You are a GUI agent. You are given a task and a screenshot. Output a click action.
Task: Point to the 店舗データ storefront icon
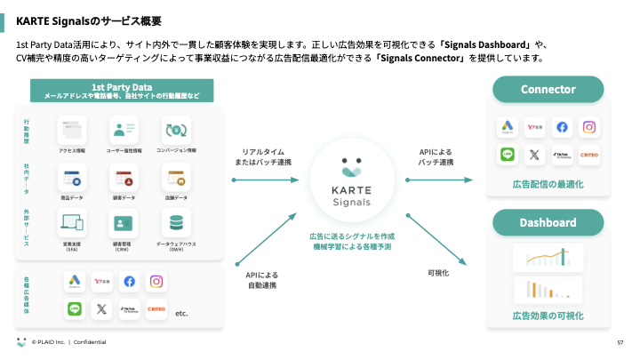[177, 177]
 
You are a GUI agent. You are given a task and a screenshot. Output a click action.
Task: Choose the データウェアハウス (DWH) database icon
[177, 222]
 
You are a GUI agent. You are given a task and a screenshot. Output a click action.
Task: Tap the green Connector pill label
[548, 89]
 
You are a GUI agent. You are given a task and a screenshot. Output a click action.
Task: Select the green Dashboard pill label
[548, 222]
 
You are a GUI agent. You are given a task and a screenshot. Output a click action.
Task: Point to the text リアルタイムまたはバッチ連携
[263, 156]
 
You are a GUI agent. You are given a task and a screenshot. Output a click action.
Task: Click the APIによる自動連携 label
[263, 281]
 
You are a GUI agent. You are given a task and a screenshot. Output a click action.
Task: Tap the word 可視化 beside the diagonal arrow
[438, 273]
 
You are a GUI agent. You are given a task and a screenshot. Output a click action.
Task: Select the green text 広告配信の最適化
[548, 184]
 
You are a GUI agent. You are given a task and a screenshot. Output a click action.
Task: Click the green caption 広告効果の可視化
[548, 316]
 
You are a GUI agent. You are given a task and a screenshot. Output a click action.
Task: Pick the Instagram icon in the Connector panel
[588, 127]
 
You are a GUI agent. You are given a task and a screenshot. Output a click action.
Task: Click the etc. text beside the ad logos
[182, 313]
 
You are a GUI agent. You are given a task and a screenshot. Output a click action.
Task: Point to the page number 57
[620, 342]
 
